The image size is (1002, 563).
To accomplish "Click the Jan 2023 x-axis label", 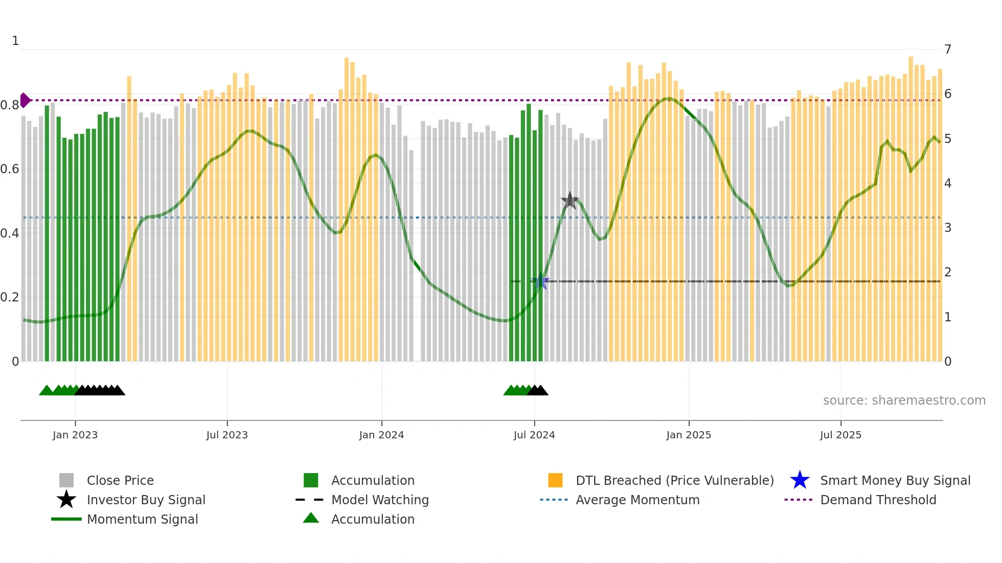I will [x=75, y=435].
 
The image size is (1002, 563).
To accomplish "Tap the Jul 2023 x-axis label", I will [x=227, y=435].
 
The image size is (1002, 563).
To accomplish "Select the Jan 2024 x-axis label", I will [x=381, y=435].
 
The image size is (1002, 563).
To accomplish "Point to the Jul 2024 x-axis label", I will [x=534, y=435].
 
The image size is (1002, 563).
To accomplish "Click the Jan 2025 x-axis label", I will [x=689, y=435].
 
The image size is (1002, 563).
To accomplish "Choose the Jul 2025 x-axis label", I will [x=840, y=435].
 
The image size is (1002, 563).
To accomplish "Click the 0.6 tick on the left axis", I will [x=10, y=169].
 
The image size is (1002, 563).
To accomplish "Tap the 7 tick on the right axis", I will [x=948, y=50].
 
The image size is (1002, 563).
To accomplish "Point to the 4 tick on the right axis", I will [x=948, y=183].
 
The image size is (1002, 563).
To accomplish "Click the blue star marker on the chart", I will [x=541, y=281].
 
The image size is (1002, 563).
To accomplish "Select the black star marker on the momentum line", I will [x=570, y=200].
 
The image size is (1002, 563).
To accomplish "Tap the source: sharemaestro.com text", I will [x=904, y=401].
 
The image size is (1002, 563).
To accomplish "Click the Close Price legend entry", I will [x=120, y=481].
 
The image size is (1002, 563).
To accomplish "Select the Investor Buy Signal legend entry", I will [x=146, y=500].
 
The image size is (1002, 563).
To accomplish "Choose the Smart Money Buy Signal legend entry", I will [x=895, y=481].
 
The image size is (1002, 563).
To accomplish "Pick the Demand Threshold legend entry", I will [x=878, y=500].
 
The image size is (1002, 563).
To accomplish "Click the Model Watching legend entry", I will [x=380, y=500].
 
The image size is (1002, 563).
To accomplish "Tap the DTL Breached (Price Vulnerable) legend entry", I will [x=674, y=481].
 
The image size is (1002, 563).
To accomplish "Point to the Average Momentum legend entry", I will [x=637, y=500].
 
